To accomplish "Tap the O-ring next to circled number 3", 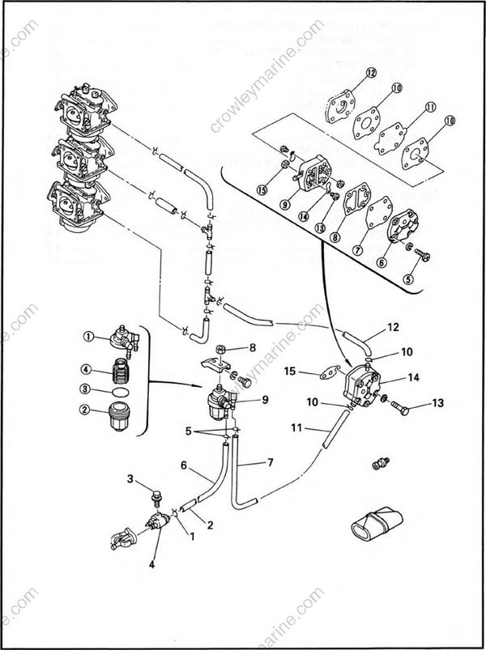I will tap(118, 391).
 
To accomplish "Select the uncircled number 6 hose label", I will tap(184, 465).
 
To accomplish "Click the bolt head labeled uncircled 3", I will tap(156, 491).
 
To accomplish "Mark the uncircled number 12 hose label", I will tap(393, 328).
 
